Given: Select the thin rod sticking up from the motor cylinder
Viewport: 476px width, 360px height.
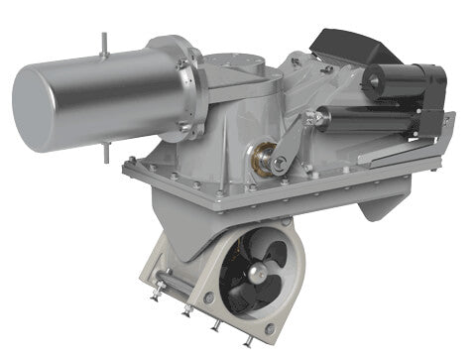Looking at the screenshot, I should (103, 42).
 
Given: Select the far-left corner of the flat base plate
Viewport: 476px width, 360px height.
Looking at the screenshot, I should (128, 169).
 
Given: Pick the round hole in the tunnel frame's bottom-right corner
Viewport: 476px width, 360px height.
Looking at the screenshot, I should (269, 329).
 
